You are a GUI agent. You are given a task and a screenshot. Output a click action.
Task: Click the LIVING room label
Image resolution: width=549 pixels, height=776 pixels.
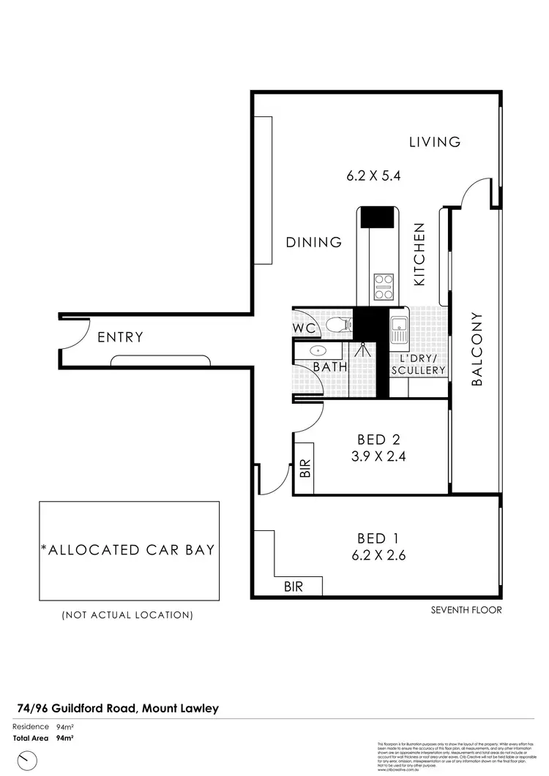pyautogui.click(x=435, y=142)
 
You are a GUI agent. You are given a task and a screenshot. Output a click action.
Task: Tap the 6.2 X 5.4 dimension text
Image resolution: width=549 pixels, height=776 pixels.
pyautogui.click(x=374, y=176)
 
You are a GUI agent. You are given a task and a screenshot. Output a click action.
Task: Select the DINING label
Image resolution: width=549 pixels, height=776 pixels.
pyautogui.click(x=314, y=242)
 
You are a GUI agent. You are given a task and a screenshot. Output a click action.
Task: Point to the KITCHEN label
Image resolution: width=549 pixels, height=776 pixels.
pyautogui.click(x=420, y=255)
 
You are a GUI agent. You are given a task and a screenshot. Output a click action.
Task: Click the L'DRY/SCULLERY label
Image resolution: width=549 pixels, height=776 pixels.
pyautogui.click(x=418, y=365)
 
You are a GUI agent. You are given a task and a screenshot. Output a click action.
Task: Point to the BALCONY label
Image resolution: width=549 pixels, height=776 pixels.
pyautogui.click(x=477, y=350)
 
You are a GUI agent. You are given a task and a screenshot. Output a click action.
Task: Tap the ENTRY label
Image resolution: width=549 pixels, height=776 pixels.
pyautogui.click(x=120, y=337)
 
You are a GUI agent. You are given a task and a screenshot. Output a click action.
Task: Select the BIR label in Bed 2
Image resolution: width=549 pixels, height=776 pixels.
pyautogui.click(x=306, y=467)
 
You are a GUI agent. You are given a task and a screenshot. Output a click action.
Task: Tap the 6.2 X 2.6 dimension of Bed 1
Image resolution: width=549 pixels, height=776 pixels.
pyautogui.click(x=378, y=555)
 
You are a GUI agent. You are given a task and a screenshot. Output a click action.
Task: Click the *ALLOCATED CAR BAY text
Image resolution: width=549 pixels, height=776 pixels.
pyautogui.click(x=128, y=549)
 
